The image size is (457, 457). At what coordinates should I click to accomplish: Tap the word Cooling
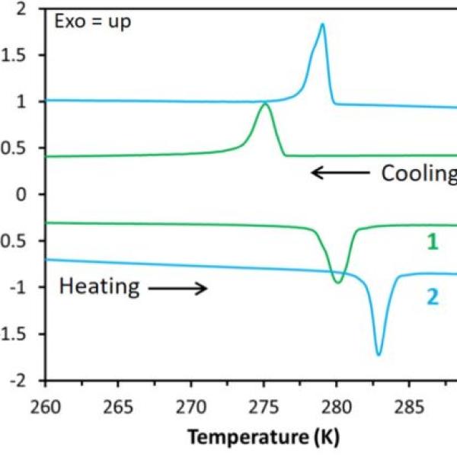click(x=417, y=173)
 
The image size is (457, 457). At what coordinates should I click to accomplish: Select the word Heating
click(x=99, y=287)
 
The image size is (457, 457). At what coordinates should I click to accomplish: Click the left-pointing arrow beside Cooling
click(x=340, y=173)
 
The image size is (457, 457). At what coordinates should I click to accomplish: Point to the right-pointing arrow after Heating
click(x=177, y=288)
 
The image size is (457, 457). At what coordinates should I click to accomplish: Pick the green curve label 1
click(x=431, y=243)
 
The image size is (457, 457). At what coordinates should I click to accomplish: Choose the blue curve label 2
click(x=432, y=297)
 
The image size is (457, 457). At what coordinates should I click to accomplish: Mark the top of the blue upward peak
click(x=322, y=24)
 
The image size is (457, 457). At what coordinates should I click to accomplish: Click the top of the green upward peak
click(x=265, y=103)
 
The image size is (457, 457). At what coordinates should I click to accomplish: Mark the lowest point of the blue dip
click(x=379, y=355)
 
